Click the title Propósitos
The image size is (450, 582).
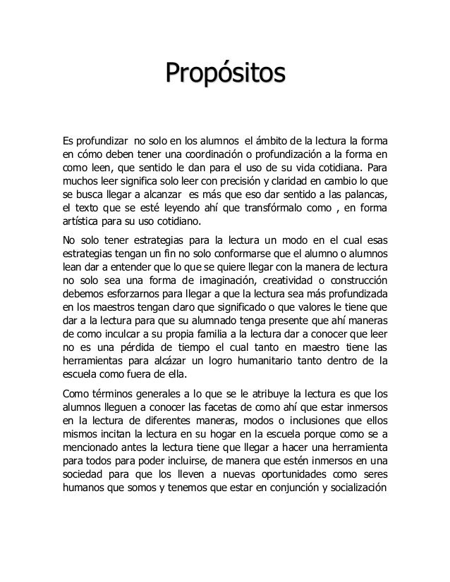[x=225, y=73]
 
